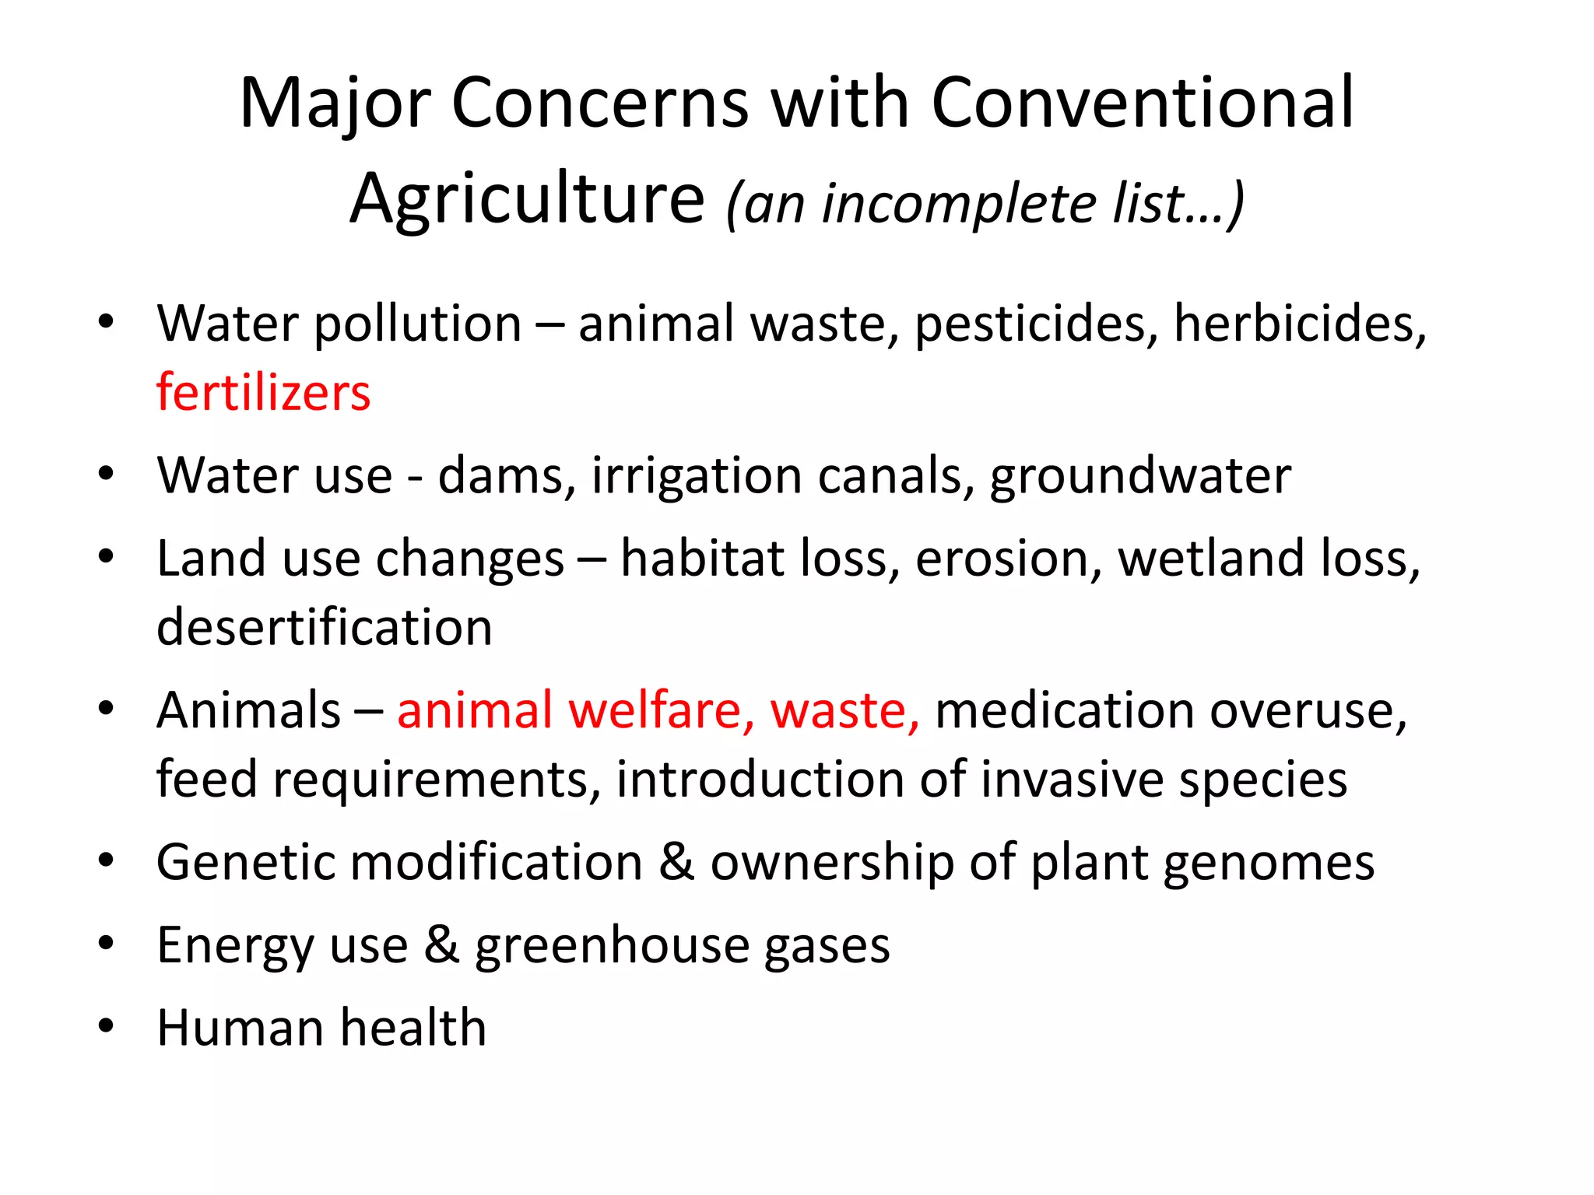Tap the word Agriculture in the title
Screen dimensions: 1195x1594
click(x=527, y=199)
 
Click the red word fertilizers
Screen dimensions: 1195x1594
click(x=263, y=392)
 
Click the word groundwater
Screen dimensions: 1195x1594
click(x=1140, y=477)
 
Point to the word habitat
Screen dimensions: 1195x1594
click(x=703, y=559)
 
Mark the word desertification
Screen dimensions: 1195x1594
click(x=325, y=627)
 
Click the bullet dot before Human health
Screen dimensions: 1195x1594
click(x=107, y=1026)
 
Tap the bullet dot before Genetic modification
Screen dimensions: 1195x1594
click(x=107, y=860)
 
